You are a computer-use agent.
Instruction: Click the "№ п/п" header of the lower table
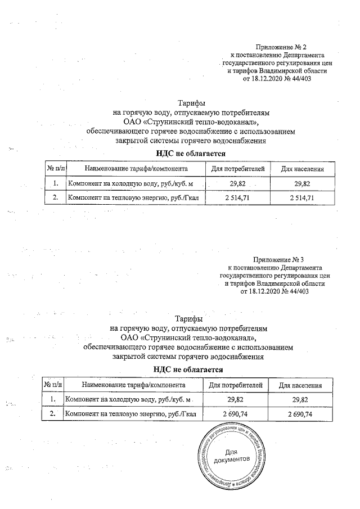[x=53, y=385]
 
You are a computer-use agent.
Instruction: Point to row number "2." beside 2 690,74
[x=53, y=414]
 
